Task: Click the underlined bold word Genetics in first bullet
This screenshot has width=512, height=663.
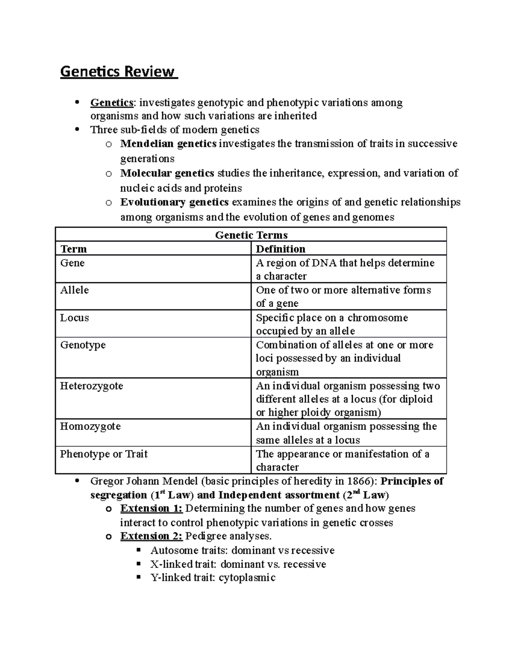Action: pos(111,102)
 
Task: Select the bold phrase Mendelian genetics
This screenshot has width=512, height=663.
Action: pos(168,144)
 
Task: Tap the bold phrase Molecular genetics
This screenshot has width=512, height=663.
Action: pos(167,173)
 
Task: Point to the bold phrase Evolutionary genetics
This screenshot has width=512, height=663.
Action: pos(174,202)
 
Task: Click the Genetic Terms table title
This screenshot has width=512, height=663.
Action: pos(251,235)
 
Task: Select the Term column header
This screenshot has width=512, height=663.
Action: pos(73,249)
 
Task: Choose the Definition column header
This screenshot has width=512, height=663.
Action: pos(280,249)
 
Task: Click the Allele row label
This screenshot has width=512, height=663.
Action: pos(74,290)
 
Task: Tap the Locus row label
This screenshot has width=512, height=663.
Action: pos(74,318)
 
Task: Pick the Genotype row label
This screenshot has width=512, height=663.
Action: pos(83,345)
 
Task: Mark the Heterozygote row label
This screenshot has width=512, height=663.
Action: pos(91,386)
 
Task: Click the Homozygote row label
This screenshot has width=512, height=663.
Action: pos(90,426)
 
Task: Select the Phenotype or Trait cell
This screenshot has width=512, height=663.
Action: pos(104,454)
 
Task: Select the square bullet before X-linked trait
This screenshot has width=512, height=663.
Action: pos(138,564)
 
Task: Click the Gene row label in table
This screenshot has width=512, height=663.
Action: pos(72,263)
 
